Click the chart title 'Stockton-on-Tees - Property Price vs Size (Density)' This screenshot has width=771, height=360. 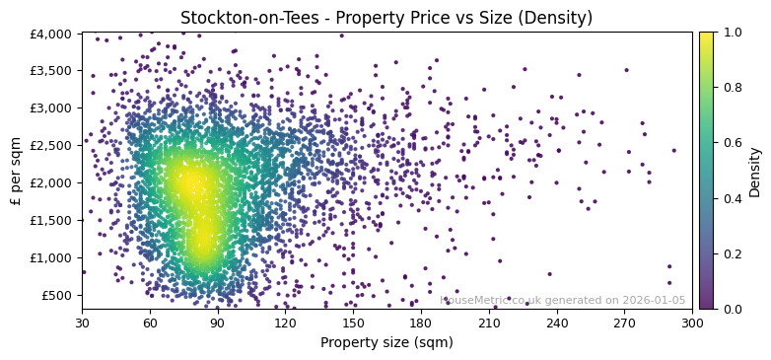pos(386,18)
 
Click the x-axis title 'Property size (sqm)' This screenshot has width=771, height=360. pos(386,343)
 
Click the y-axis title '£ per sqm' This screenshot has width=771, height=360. pos(16,172)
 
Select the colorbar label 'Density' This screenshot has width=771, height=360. pos(755,172)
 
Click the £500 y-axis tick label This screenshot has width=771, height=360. pos(57,295)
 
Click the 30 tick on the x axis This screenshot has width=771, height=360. pos(82,322)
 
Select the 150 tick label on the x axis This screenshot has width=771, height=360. pos(353,322)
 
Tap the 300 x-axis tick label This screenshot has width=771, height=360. pos(692,322)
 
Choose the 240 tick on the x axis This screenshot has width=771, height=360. pos(556,322)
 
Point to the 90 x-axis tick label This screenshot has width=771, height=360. pos(218,322)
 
